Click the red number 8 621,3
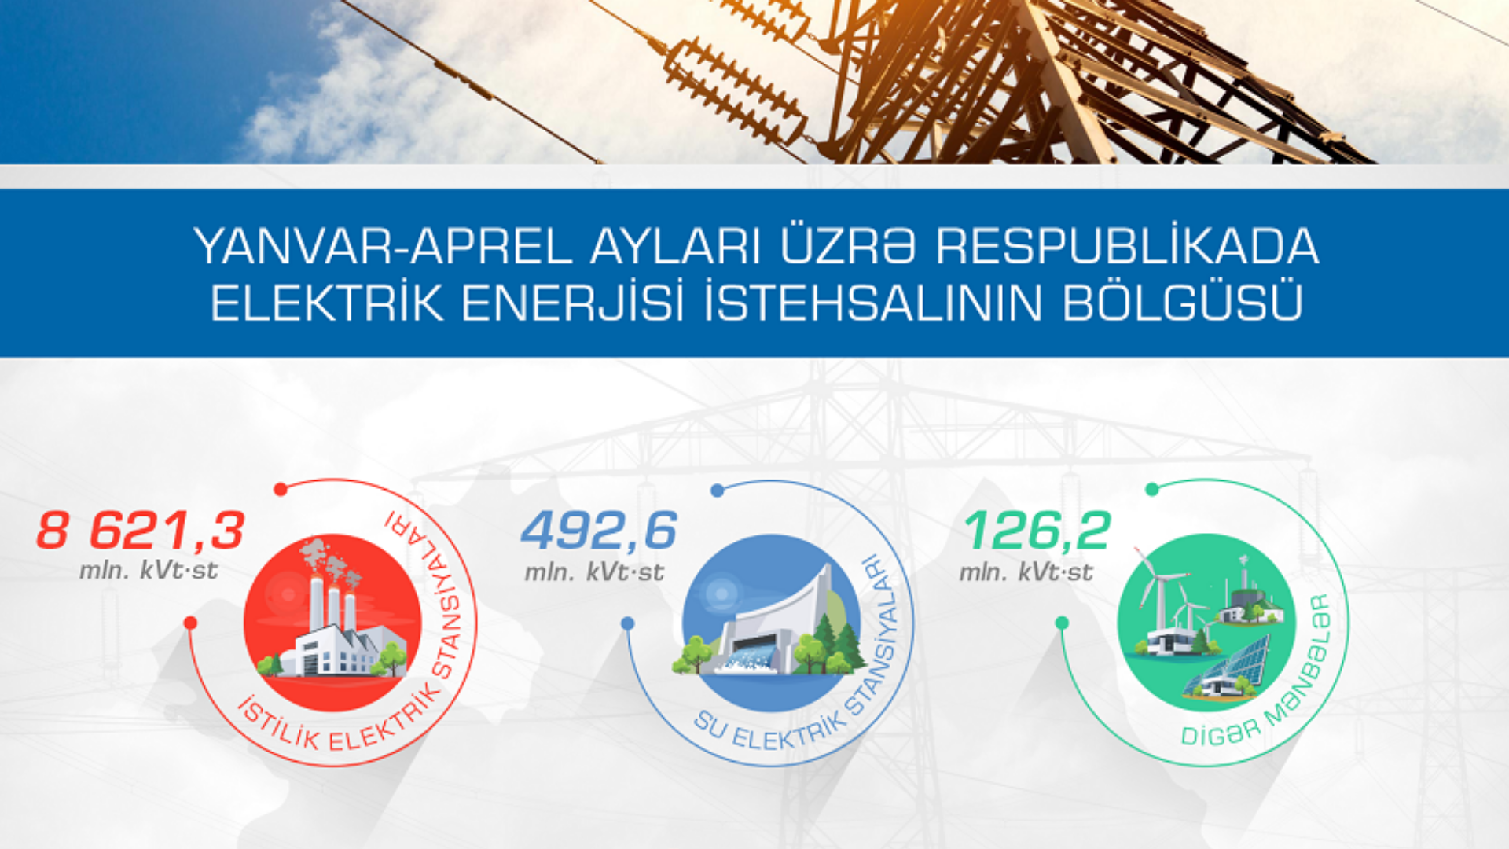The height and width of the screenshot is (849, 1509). coord(141,531)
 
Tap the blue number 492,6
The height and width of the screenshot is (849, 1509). coord(599,531)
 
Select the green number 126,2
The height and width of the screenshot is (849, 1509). coord(1037,531)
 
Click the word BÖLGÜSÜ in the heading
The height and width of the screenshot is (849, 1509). coord(1183,303)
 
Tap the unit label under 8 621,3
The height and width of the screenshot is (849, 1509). coord(149,571)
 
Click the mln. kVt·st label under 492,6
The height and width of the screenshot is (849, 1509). coord(594,572)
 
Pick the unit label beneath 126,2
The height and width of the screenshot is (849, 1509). coord(1026,572)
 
